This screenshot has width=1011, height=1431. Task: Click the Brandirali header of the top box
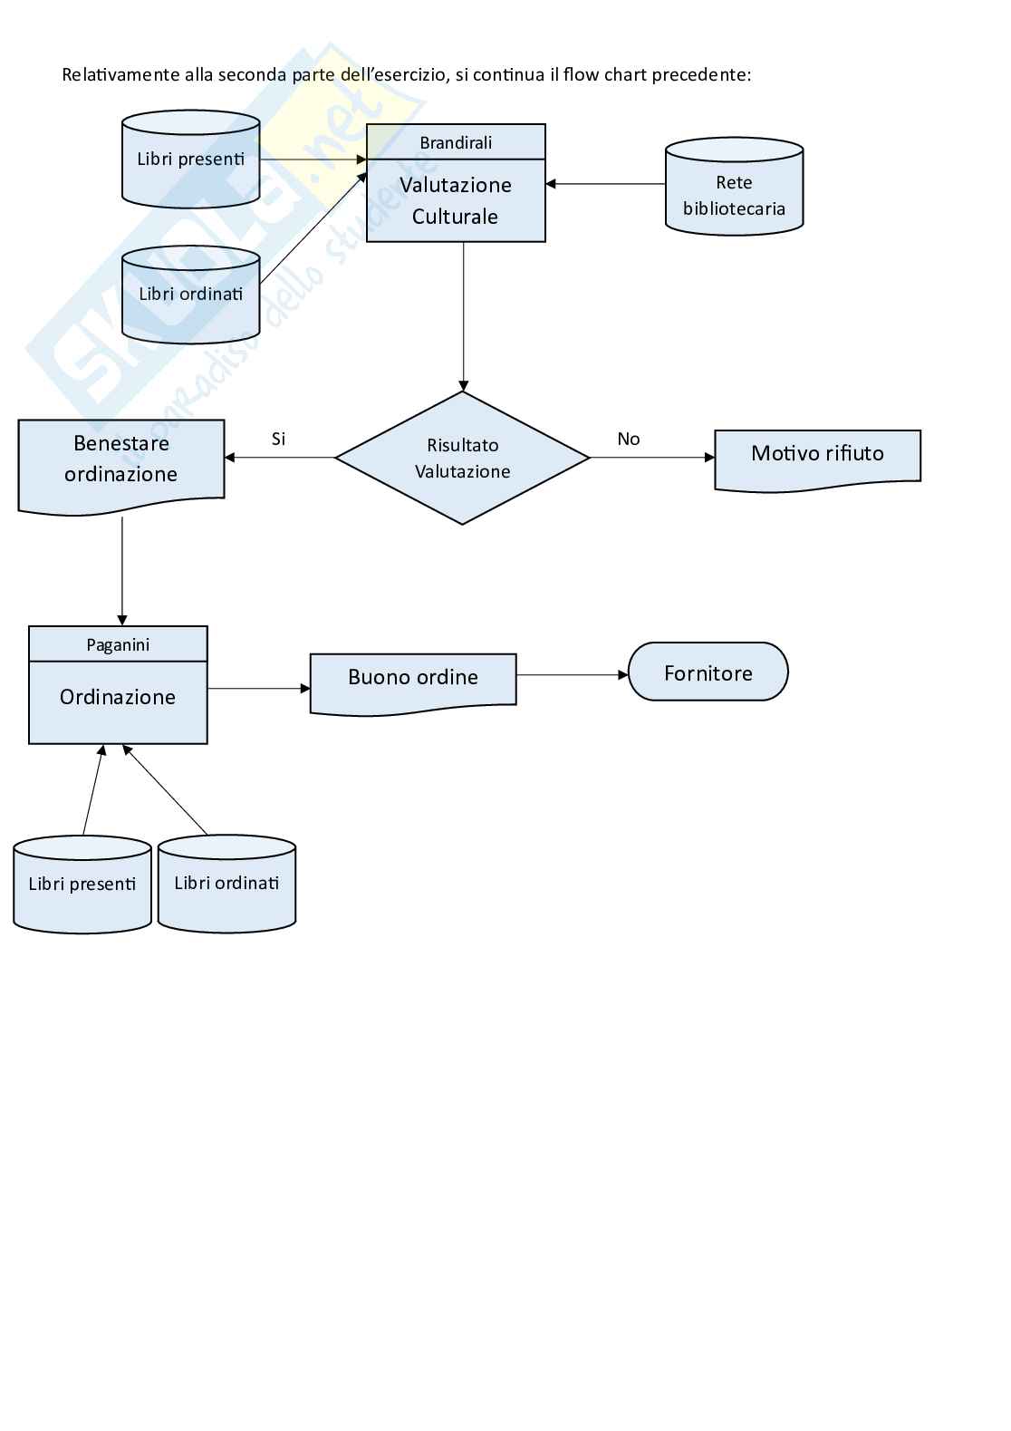[456, 142]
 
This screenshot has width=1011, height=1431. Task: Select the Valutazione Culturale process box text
[456, 200]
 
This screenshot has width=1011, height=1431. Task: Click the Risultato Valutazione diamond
[462, 458]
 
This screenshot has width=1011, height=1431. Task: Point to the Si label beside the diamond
[278, 439]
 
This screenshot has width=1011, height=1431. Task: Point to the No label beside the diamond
[628, 439]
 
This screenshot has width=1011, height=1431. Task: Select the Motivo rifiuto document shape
[817, 456]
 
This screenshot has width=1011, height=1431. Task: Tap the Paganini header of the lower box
[118, 644]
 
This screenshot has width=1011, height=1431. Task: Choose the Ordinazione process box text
[118, 698]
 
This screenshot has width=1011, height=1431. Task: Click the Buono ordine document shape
[413, 679]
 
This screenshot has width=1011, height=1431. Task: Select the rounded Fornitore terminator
[708, 672]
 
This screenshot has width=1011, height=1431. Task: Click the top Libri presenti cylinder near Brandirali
[190, 160]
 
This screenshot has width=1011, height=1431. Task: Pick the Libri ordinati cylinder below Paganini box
[226, 884]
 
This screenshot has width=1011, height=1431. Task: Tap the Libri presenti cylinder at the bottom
[82, 885]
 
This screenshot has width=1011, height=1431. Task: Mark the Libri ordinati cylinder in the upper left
[190, 295]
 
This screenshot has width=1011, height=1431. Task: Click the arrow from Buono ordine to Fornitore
[572, 675]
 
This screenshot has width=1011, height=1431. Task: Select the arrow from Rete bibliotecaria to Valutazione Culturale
[605, 184]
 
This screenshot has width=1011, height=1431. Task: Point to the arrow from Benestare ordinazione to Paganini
[122, 571]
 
